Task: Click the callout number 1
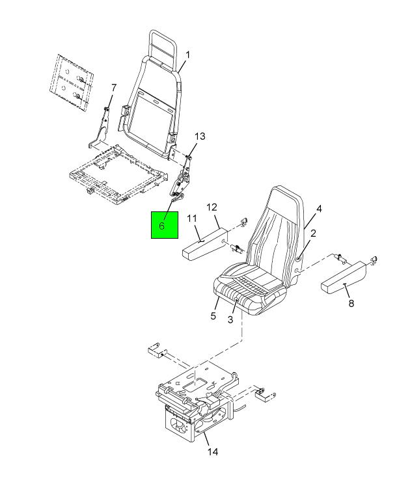point(187,55)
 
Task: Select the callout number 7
point(114,87)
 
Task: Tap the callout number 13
point(200,137)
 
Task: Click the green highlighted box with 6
point(165,224)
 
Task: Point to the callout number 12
point(212,207)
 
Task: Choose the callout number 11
point(192,218)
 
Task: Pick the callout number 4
point(319,209)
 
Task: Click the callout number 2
point(313,234)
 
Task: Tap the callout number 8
point(351,303)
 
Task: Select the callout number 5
point(213,315)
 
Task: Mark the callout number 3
point(230,319)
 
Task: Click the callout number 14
point(213,452)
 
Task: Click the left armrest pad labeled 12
point(204,244)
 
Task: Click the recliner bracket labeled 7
point(100,129)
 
